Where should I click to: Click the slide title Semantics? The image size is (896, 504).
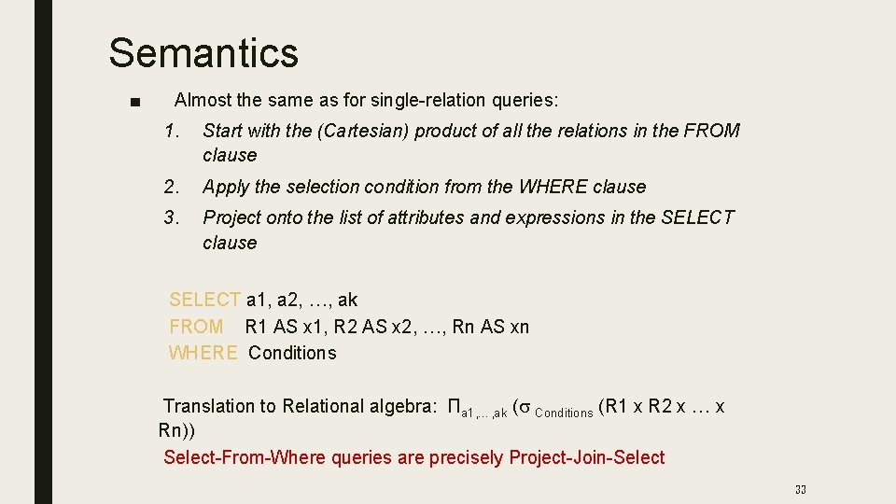click(203, 53)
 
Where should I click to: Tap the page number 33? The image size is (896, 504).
click(800, 489)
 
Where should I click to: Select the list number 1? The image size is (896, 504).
click(170, 132)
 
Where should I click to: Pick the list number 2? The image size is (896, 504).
click(170, 187)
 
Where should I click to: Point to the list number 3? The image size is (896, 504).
click(170, 217)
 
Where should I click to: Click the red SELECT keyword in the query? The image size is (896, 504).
click(204, 301)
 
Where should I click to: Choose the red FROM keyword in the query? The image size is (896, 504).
click(196, 327)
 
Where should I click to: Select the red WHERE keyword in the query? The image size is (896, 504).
click(203, 354)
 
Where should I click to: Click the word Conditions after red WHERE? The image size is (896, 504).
click(292, 354)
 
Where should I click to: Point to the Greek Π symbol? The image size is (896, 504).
click(455, 407)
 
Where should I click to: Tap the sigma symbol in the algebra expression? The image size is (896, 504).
click(525, 408)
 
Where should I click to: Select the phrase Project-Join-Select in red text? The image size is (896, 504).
click(586, 458)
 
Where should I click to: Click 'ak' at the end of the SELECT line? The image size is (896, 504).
click(347, 301)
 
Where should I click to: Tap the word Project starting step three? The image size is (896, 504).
click(231, 217)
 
